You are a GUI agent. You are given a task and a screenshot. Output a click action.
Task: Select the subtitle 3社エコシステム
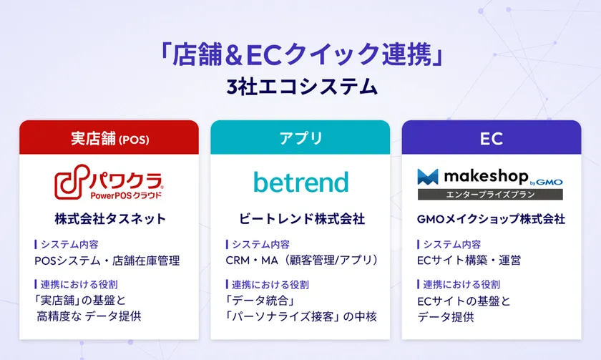click(x=300, y=87)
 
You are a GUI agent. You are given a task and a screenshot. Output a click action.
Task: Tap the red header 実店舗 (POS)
click(x=109, y=138)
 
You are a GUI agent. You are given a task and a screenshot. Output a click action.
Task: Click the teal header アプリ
click(x=300, y=138)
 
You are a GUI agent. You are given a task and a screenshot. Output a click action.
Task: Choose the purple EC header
click(x=491, y=138)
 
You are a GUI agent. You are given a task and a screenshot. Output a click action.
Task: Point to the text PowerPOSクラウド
click(x=126, y=195)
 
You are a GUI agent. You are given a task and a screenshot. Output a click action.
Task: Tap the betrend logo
click(x=300, y=182)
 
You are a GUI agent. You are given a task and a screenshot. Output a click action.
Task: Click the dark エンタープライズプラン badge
click(x=490, y=194)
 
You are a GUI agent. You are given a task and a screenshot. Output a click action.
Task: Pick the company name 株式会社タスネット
click(x=109, y=218)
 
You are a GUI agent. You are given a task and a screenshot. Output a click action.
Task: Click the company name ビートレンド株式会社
click(x=301, y=218)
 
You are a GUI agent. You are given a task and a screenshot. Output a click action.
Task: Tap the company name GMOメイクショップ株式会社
click(x=491, y=218)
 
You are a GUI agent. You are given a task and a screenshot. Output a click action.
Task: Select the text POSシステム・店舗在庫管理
click(x=107, y=261)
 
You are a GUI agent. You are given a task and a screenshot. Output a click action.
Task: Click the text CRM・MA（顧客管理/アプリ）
click(x=301, y=261)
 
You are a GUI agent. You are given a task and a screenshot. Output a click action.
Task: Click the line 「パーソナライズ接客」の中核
click(x=301, y=316)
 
